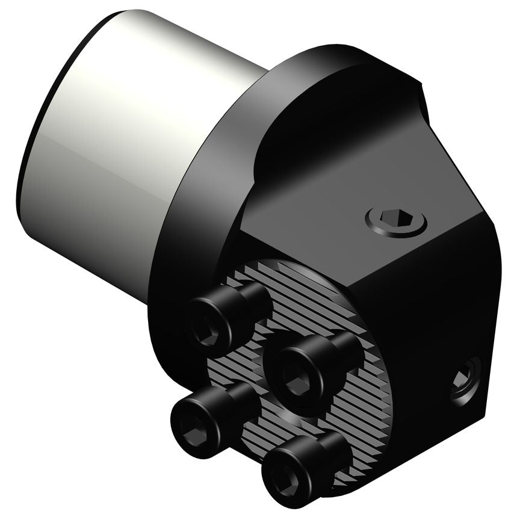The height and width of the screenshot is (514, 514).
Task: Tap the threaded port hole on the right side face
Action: tap(465, 379)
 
